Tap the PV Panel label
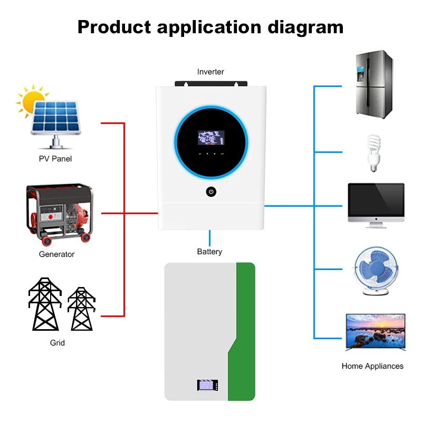55,159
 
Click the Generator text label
56,254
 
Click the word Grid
57,343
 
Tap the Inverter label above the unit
210,72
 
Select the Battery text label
209,252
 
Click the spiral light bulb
373,152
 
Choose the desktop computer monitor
376,206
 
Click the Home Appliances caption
372,366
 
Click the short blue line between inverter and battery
210,238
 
